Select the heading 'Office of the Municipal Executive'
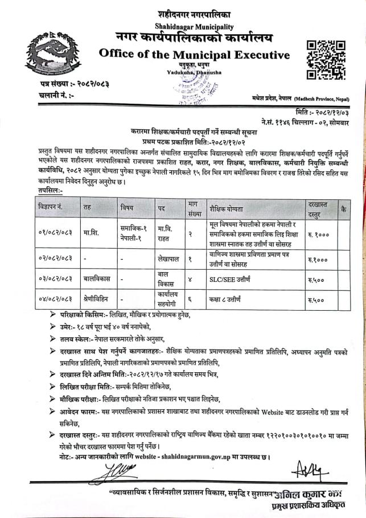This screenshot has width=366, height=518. coord(194,55)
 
